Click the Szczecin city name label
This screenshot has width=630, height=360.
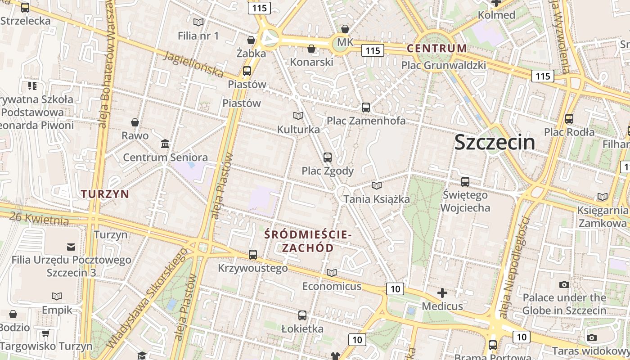[495, 142]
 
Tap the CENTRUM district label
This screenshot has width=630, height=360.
[436, 48]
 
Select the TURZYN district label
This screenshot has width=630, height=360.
[105, 194]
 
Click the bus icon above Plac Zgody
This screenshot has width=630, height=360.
[328, 157]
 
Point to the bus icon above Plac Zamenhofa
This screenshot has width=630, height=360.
[366, 107]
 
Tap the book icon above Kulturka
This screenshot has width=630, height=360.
[298, 116]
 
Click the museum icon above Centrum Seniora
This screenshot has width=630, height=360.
[165, 144]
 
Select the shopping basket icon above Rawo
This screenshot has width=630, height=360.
[135, 122]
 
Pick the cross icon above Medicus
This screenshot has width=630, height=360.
[442, 293]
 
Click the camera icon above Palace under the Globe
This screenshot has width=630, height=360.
[564, 284]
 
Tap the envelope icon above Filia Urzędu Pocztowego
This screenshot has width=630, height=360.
[71, 247]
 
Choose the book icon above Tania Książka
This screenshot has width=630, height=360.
[377, 185]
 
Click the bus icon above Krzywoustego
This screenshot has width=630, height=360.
[253, 255]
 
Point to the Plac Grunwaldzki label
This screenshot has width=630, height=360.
[443, 65]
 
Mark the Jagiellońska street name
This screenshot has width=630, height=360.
[193, 63]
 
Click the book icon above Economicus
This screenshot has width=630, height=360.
[332, 273]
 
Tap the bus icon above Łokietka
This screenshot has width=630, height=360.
[302, 315]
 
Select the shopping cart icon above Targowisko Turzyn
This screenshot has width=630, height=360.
[45, 333]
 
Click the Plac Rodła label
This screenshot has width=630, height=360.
[569, 132]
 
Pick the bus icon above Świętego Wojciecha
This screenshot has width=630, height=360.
[465, 182]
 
